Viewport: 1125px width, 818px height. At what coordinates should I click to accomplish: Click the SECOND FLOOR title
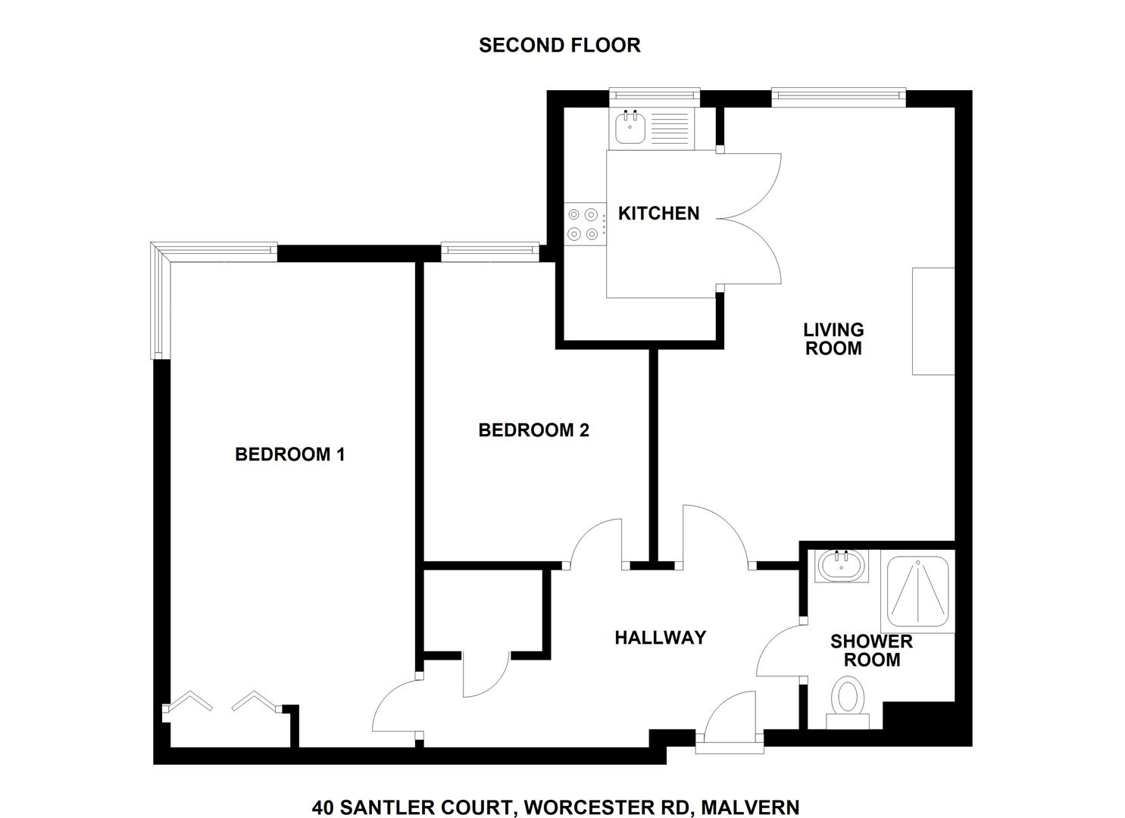coord(560,45)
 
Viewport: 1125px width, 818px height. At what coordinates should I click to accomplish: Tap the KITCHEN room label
coord(658,214)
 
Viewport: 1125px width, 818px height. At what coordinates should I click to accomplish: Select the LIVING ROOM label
coord(833,339)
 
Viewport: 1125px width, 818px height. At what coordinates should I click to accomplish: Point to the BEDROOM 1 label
coord(290,455)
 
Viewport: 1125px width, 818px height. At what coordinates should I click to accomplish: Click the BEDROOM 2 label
coord(533,430)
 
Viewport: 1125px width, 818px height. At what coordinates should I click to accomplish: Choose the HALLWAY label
coord(661,638)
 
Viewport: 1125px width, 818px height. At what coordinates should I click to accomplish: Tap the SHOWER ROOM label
coord(871,651)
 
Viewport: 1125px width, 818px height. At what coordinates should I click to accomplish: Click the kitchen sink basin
coord(630,129)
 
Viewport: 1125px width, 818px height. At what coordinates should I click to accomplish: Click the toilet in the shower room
coord(847,703)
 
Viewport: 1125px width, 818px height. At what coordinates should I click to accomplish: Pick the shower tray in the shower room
coord(917,592)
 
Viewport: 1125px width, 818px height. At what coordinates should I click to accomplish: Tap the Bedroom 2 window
coord(490,251)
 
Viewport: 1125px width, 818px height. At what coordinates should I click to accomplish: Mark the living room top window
coord(838,98)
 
